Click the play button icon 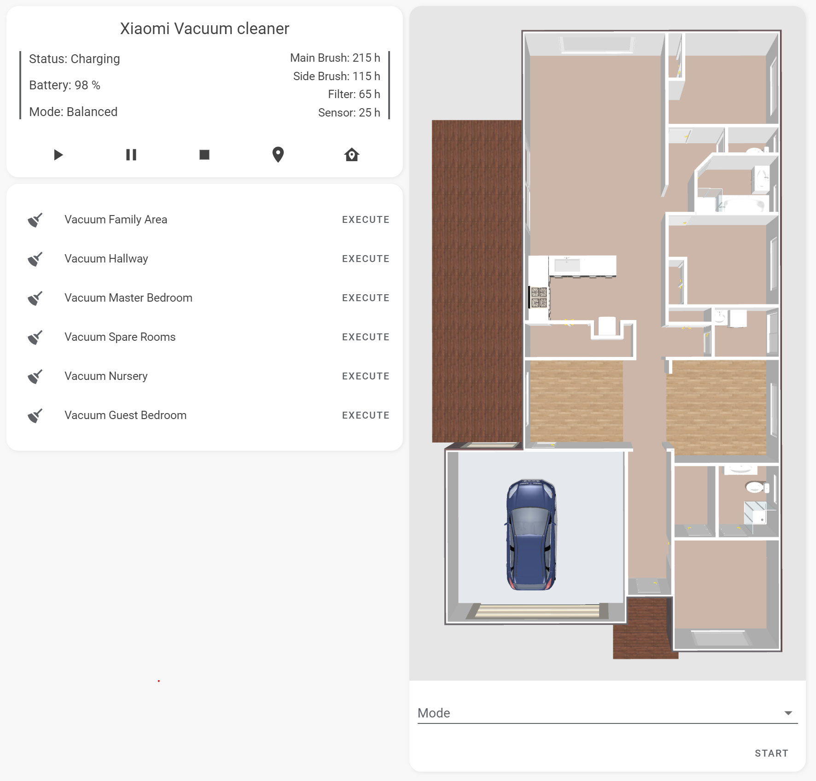coord(58,155)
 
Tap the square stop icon coord(204,155)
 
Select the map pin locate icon coord(278,155)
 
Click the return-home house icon coord(352,155)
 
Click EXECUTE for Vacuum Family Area coord(366,220)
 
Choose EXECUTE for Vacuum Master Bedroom coord(366,298)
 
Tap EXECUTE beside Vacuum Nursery coord(366,376)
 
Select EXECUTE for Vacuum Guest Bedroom coord(366,415)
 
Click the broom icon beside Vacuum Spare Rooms coord(35,337)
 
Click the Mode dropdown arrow coord(788,713)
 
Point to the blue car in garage coord(531,534)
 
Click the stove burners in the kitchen coord(539,297)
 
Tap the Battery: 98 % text coord(64,85)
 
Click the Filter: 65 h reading coord(354,94)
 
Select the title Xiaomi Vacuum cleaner coord(204,29)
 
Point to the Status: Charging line coord(75,59)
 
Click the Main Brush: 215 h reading coord(335,58)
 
